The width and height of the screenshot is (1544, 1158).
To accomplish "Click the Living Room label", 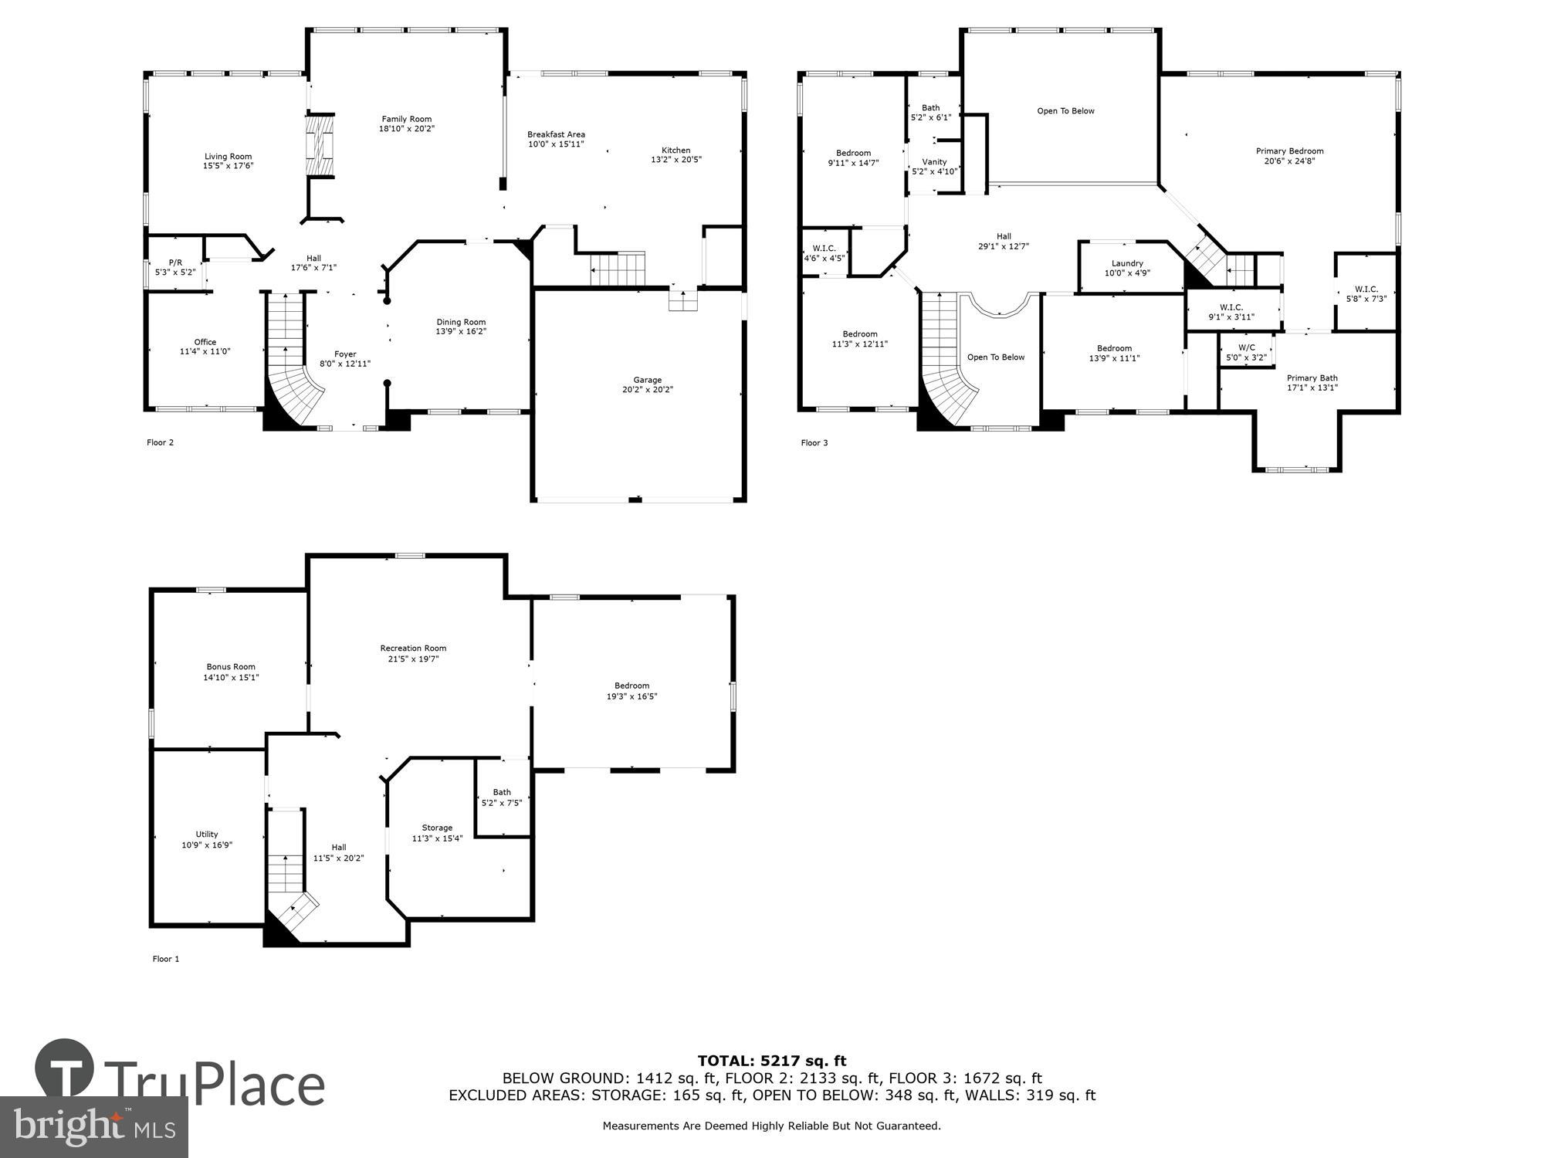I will pos(228,157).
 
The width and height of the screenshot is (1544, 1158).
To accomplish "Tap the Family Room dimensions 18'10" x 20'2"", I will pos(406,129).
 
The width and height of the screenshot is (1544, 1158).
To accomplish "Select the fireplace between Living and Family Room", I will pos(320,146).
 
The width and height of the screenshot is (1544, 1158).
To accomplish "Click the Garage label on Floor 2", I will pos(647,380).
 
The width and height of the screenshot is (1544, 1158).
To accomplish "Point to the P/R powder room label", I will pos(175,262).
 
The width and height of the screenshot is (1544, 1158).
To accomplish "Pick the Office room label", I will pos(205,342).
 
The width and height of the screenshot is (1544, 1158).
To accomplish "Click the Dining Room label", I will pos(461,322).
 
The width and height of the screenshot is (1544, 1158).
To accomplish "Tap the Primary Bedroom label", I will pos(1289,151).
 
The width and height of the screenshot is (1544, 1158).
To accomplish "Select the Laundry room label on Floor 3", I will pos(1127,263).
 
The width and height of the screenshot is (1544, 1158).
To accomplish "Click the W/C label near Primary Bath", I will pos(1246,347).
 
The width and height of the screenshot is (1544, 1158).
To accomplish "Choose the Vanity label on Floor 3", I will pos(934,162).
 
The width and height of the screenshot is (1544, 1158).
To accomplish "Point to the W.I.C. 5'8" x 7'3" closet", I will pos(1366,293).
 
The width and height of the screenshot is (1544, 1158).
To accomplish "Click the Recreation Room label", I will pos(413,648).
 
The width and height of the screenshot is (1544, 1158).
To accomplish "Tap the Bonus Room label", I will pos(231,667).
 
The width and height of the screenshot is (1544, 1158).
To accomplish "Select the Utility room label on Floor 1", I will pos(206,834).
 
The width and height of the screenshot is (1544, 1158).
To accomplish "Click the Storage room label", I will pos(437,828).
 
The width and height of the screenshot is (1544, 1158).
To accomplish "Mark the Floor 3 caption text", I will pos(814,442).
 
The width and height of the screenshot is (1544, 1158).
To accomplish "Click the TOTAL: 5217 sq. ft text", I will pos(771,1061).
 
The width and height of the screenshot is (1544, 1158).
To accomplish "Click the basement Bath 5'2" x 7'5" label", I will pos(502,792).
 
